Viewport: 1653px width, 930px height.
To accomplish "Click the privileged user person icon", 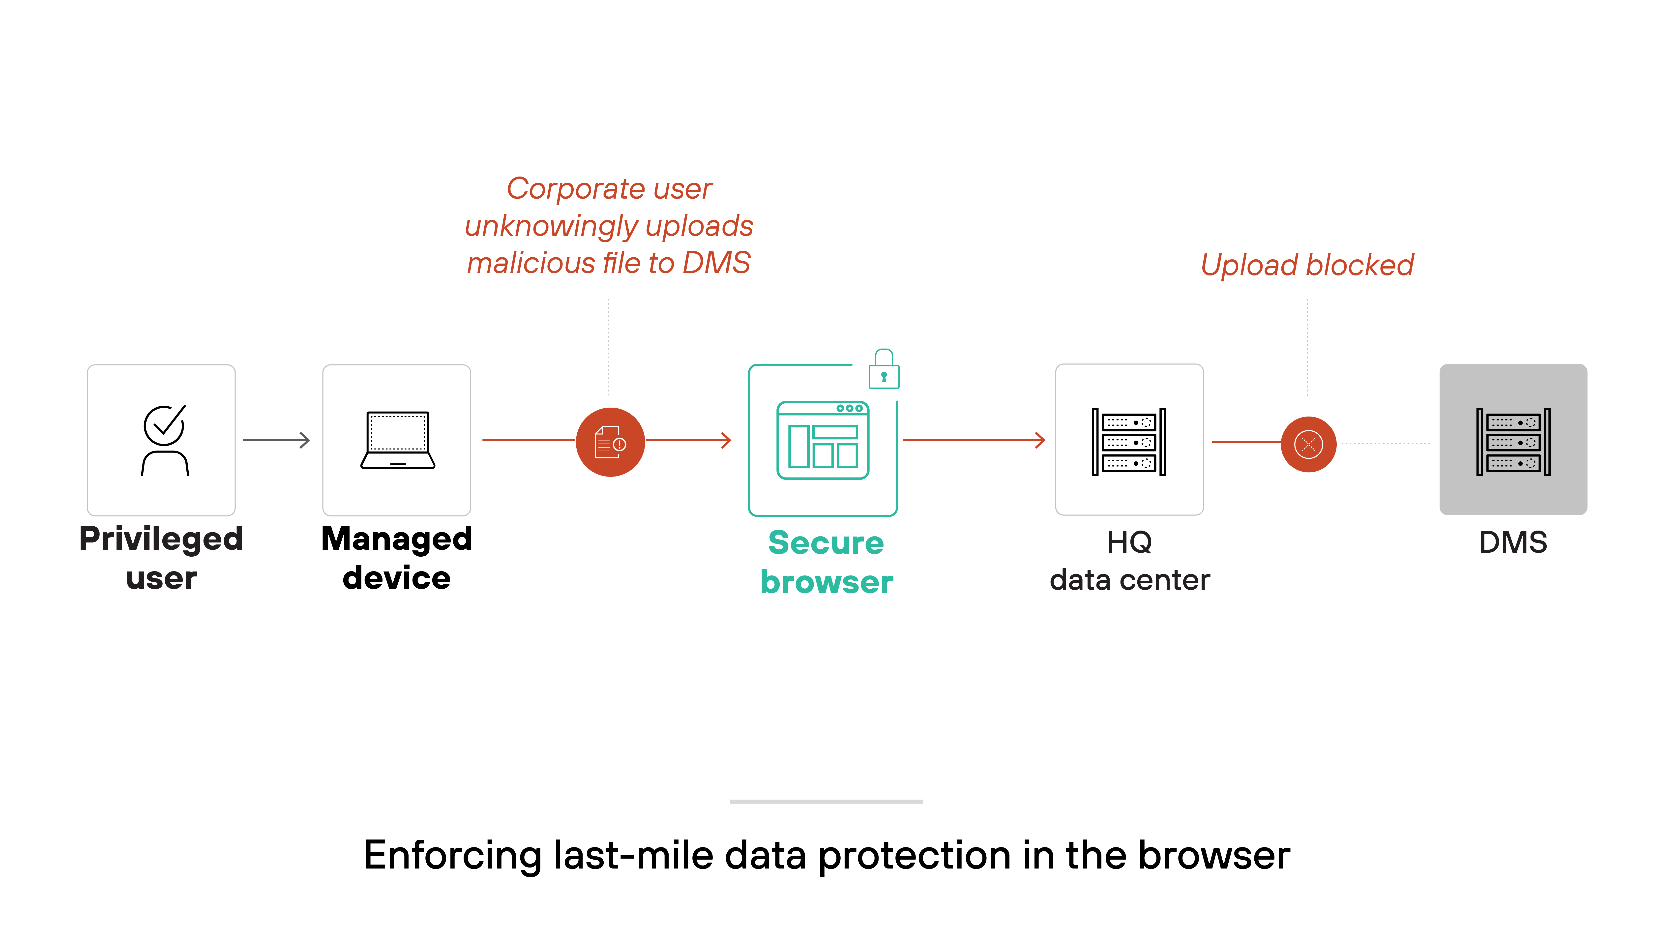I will [164, 440].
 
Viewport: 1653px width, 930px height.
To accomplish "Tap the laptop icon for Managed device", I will [397, 440].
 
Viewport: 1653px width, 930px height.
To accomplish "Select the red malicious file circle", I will [610, 442].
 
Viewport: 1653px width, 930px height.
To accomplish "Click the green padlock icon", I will [884, 370].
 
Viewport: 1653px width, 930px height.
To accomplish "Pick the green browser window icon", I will [823, 440].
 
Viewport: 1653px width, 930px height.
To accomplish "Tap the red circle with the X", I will [1308, 444].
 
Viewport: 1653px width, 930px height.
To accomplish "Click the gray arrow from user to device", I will [277, 440].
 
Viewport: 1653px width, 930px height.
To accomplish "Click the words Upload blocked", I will [1307, 265].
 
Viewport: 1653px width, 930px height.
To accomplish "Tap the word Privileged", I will [161, 539].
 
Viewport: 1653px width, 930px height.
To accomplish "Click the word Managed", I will [397, 539].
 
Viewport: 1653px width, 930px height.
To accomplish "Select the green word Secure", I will [826, 543].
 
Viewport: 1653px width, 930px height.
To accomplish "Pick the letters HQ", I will [1129, 542].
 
